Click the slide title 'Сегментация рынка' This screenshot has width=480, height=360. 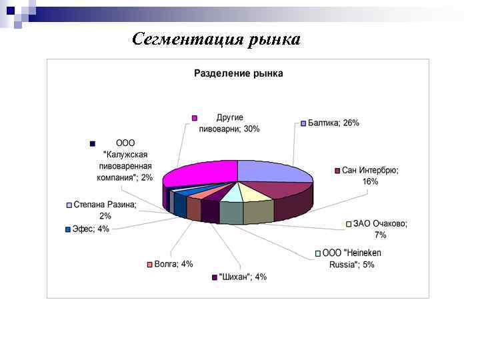click(216, 39)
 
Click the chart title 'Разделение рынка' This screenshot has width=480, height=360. click(238, 73)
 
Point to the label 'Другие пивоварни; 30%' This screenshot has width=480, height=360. click(229, 123)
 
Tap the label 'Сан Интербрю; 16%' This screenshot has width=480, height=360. click(370, 176)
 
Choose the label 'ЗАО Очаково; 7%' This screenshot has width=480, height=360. click(380, 229)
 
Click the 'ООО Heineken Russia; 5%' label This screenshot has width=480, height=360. click(351, 259)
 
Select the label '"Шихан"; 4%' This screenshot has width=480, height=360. click(243, 277)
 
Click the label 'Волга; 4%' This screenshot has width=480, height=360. click(173, 264)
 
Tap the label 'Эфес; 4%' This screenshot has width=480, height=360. click(90, 229)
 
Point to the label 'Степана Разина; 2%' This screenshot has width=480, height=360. click(105, 211)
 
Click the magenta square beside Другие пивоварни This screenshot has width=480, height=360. click(195, 118)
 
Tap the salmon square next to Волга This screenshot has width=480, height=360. click(150, 265)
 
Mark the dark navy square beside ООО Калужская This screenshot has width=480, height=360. click(93, 143)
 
